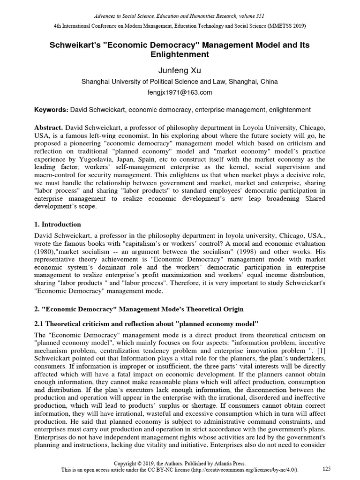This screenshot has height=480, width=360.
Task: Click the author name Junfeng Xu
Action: pyautogui.click(x=180, y=71)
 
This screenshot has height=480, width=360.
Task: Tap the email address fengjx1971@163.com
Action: pyautogui.click(x=180, y=92)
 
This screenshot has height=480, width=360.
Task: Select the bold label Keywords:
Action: pyautogui.click(x=52, y=110)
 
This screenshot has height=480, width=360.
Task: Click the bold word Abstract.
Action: pyautogui.click(x=49, y=127)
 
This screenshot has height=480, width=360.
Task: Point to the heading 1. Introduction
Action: pyautogui.click(x=58, y=224)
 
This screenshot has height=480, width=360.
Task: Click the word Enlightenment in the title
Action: pyautogui.click(x=180, y=54)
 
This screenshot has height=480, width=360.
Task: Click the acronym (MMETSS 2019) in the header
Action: pyautogui.click(x=286, y=25)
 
